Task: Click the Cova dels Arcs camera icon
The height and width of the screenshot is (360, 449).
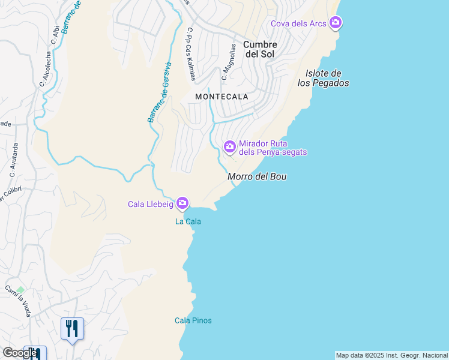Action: tap(336, 23)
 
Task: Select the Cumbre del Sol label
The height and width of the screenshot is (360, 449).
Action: tap(260, 49)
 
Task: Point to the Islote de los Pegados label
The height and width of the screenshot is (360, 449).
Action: tap(324, 78)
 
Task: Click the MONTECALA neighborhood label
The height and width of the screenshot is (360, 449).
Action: tap(221, 96)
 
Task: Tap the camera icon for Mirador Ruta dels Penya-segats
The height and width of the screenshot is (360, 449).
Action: tap(229, 146)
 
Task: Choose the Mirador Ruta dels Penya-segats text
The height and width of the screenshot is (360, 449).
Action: tap(273, 148)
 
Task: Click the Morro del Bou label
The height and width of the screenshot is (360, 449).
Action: tap(257, 176)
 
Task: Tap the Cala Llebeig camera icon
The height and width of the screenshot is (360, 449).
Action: tap(182, 204)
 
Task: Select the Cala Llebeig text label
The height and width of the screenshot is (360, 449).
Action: tap(150, 204)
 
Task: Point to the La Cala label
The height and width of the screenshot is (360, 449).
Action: tap(188, 221)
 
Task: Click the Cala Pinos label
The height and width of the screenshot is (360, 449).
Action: tap(193, 320)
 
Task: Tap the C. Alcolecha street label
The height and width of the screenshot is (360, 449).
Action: tap(46, 69)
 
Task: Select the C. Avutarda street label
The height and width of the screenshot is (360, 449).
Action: tap(14, 160)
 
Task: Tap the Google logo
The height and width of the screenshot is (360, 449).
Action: tap(20, 353)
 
